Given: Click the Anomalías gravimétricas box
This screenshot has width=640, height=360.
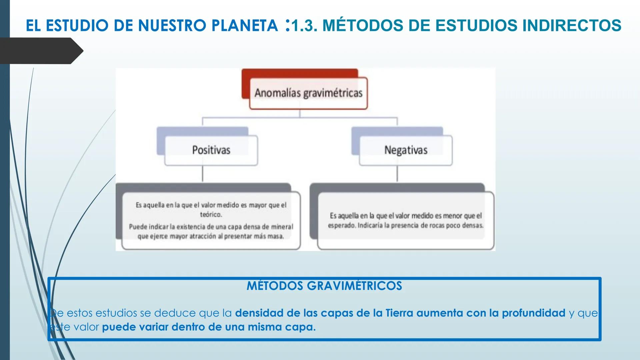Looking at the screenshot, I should [x=308, y=93].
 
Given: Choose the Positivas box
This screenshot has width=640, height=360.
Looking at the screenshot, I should [x=211, y=150].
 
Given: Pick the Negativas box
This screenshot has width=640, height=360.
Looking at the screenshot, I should [x=406, y=150].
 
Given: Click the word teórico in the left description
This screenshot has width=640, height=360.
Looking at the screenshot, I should [x=211, y=215].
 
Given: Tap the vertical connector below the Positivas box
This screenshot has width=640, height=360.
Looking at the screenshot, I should [x=203, y=174].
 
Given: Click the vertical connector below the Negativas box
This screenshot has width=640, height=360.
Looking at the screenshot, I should [x=397, y=174].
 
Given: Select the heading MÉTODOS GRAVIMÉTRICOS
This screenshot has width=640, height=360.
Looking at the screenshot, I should [x=324, y=286].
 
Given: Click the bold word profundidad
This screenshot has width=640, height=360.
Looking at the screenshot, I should [x=534, y=313].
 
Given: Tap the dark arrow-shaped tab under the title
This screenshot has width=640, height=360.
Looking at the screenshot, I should [x=40, y=51].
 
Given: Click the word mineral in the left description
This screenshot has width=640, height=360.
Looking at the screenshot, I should [x=282, y=227].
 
